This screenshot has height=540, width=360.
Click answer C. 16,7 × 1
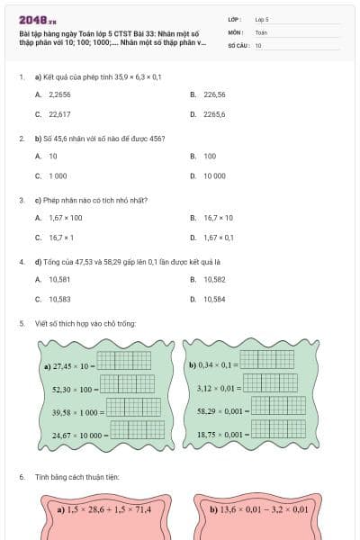tap(56, 238)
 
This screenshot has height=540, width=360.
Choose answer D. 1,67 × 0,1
tap(212, 238)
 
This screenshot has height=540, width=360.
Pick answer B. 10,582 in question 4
tap(208, 279)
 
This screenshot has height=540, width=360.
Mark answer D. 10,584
tap(208, 299)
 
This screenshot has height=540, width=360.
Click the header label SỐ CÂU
tap(238, 44)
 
